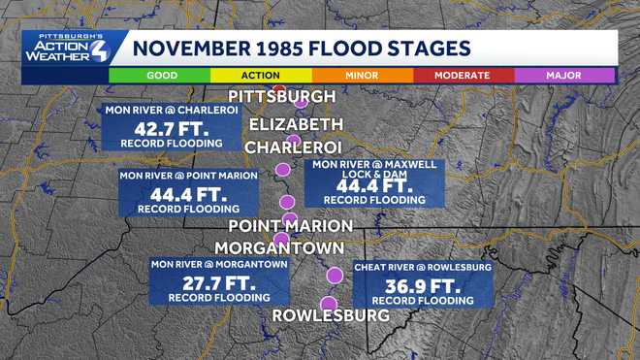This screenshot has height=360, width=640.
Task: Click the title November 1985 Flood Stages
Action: (x=301, y=48)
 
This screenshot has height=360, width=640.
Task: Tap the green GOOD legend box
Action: (x=161, y=75)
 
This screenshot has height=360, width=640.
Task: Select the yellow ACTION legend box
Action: (x=262, y=75)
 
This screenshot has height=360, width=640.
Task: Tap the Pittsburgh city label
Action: (x=281, y=97)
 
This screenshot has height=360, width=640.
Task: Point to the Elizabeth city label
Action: (x=297, y=124)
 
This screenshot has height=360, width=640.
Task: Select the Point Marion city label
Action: (x=290, y=225)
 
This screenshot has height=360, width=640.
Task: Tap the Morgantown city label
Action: (x=278, y=247)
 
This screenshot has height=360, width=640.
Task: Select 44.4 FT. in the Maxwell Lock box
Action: (x=374, y=184)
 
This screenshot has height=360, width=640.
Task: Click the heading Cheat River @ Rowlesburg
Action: (x=422, y=266)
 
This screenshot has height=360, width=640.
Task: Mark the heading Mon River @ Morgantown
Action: (x=218, y=264)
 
